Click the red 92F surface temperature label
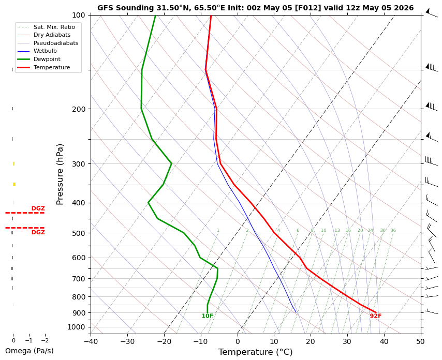coord(375,316)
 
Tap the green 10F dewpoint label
coord(208,316)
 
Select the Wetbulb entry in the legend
coord(45,51)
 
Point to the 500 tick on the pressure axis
coord(79,233)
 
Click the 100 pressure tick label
coord(79,15)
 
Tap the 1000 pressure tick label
coord(77,327)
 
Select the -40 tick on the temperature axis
coord(91,341)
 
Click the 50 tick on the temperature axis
coord(420,341)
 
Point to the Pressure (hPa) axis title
coord(60,175)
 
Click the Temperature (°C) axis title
coord(255,352)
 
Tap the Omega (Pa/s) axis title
coord(30,351)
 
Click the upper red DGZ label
coord(38,209)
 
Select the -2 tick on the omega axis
coord(45,340)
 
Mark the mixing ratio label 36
coord(393,230)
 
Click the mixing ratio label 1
coord(218,230)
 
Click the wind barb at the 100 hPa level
coord(431,13)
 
